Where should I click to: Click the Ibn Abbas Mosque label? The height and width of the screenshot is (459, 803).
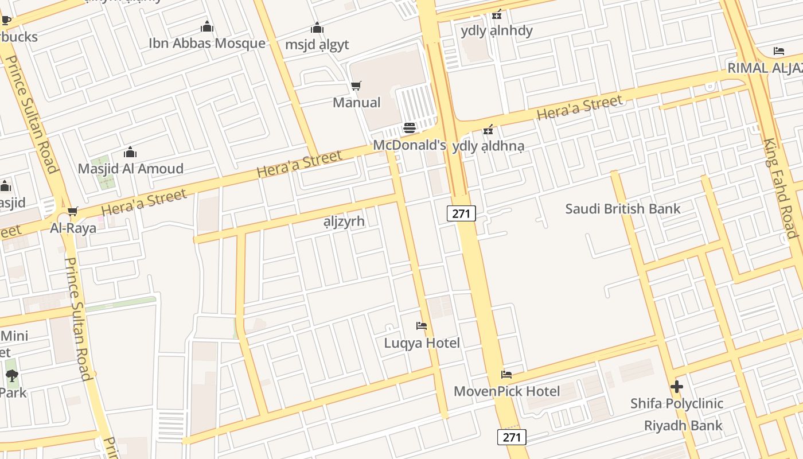206,43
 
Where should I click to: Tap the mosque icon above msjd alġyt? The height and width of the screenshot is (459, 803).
317,28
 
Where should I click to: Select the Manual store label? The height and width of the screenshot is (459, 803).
356,102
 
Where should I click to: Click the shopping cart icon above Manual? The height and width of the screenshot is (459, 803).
356,86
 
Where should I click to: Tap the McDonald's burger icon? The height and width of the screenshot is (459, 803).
409,127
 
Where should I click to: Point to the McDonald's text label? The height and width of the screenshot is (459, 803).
409,145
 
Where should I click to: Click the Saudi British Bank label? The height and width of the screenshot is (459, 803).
622,208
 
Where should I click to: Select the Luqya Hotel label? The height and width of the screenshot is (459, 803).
422,343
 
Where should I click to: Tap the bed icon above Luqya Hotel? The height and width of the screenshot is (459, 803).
422,326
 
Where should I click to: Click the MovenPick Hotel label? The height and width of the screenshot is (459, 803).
506,391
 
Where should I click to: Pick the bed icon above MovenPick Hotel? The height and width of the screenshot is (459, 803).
506,375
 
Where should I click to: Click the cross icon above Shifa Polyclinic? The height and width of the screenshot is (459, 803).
677,387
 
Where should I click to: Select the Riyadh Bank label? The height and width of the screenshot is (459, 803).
683,426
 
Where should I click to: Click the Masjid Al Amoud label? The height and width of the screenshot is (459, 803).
130,169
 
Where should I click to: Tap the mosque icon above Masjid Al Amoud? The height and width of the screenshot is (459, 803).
130,152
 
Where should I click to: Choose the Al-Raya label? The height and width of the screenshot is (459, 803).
73,228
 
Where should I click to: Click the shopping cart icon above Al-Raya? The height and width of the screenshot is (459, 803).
72,212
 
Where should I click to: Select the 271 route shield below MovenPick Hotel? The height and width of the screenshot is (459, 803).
511,437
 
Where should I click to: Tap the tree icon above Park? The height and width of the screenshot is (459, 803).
12,376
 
